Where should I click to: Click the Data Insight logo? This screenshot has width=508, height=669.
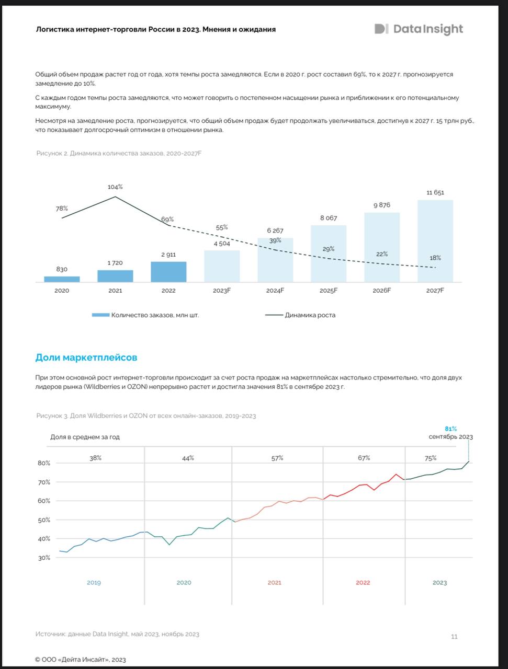point(419,29)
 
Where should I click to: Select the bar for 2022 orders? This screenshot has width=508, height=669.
point(168,272)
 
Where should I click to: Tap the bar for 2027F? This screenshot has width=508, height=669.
point(435,240)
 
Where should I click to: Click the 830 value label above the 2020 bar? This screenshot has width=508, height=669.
point(62,269)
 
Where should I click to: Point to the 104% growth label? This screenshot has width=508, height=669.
point(115,187)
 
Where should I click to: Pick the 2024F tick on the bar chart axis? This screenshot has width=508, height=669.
point(275,291)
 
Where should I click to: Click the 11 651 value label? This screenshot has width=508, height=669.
point(435,192)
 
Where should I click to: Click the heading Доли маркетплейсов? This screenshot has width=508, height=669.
point(86,358)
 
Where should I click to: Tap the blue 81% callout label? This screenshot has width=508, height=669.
point(450,429)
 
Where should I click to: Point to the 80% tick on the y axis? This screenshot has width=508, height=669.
point(44,463)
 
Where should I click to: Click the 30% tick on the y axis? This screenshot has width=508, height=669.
point(44,558)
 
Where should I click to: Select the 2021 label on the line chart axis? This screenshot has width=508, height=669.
point(274,582)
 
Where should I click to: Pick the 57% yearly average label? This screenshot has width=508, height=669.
point(277,458)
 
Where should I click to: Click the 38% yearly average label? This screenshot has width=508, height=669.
point(95,458)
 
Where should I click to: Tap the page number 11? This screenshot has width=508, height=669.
point(454,636)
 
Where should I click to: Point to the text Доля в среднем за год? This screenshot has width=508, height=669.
point(85,437)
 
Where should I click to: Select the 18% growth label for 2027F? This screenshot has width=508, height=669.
point(435,258)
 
